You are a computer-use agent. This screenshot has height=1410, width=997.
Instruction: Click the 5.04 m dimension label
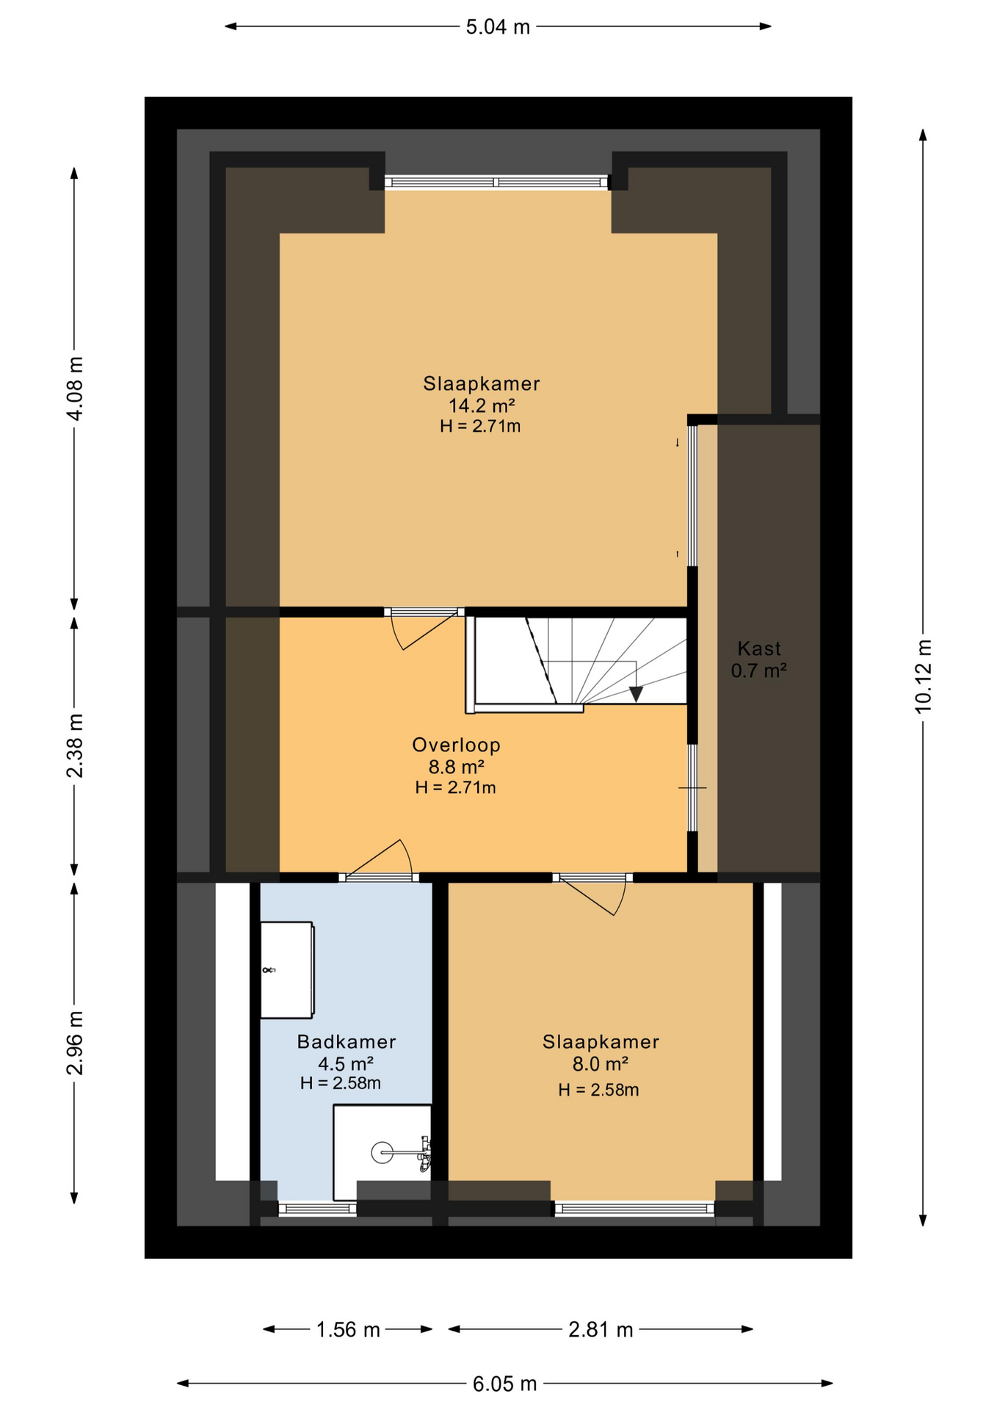point(498,27)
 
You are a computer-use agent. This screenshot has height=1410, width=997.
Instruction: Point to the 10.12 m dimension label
point(923,676)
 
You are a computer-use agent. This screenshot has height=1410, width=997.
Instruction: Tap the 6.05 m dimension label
point(504,1384)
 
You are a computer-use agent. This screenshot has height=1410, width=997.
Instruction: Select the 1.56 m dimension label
point(348,1330)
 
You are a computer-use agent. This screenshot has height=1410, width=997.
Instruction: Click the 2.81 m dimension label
point(601,1330)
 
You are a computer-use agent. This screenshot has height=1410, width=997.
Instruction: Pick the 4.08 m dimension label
point(74,388)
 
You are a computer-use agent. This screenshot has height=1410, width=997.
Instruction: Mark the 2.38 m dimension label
point(74,745)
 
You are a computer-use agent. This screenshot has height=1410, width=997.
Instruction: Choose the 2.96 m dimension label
point(74,1043)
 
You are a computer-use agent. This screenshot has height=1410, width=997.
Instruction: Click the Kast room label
point(759,648)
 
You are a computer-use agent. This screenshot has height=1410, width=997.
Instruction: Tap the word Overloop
point(456,745)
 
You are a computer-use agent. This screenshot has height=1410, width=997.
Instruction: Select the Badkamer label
point(347,1041)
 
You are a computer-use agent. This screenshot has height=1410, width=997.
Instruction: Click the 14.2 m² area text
point(482,405)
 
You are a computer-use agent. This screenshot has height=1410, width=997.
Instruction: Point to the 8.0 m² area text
point(601,1063)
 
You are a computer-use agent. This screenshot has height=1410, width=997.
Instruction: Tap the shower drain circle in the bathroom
point(383,1152)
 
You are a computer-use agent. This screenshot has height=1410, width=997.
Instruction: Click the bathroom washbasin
point(287,970)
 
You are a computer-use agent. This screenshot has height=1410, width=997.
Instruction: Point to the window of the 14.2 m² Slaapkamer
point(497,182)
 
